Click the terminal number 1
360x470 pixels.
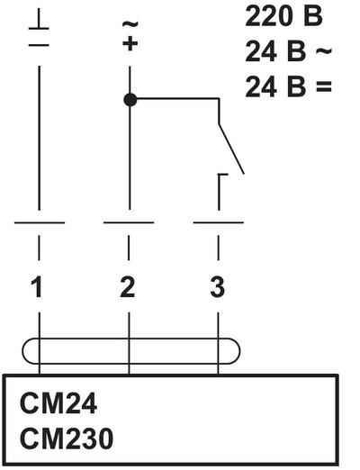37,287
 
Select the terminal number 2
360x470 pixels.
128,287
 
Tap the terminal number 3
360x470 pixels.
218,287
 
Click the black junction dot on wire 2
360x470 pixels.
130,100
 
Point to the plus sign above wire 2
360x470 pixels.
130,43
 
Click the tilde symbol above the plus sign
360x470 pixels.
130,24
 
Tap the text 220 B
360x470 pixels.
283,16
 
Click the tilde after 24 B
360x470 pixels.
324,50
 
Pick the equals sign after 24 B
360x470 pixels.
324,86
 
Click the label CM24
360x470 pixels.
58,403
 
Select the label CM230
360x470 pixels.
67,438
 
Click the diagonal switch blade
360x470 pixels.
231,149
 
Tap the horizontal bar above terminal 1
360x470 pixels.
40,222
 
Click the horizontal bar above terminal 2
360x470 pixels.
129,222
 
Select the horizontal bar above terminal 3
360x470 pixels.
219,222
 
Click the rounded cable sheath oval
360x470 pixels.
131,339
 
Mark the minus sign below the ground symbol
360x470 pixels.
39,45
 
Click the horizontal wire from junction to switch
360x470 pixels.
177,98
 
